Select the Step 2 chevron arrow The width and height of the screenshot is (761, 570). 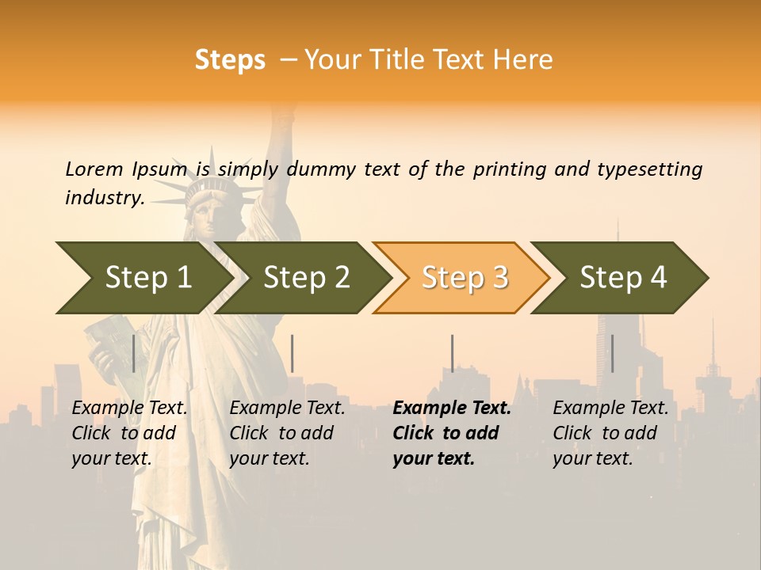point(305,278)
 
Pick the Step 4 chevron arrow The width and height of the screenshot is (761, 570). point(622,278)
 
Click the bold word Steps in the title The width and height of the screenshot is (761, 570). point(230,60)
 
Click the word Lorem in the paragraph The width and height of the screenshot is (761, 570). point(94,169)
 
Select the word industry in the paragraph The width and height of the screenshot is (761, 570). point(104,198)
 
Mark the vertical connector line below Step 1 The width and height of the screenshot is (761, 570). point(134,353)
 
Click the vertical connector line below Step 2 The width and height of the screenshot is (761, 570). point(293,353)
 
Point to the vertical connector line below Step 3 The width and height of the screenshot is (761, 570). point(452,353)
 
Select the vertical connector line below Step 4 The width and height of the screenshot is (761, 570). point(612,353)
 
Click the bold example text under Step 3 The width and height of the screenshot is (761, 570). point(450,433)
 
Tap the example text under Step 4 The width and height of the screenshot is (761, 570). point(610,433)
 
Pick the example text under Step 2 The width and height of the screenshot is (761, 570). point(286,433)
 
